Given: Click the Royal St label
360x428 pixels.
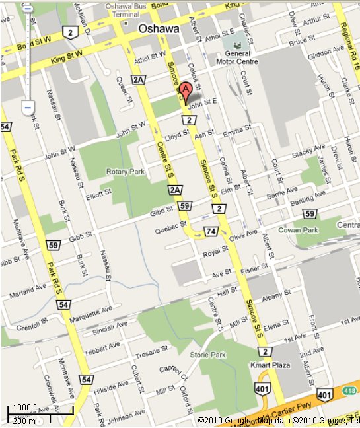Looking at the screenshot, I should point(211,253).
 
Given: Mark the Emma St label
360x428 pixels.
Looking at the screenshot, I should point(234,133).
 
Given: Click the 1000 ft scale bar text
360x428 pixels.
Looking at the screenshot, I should point(25,407).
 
